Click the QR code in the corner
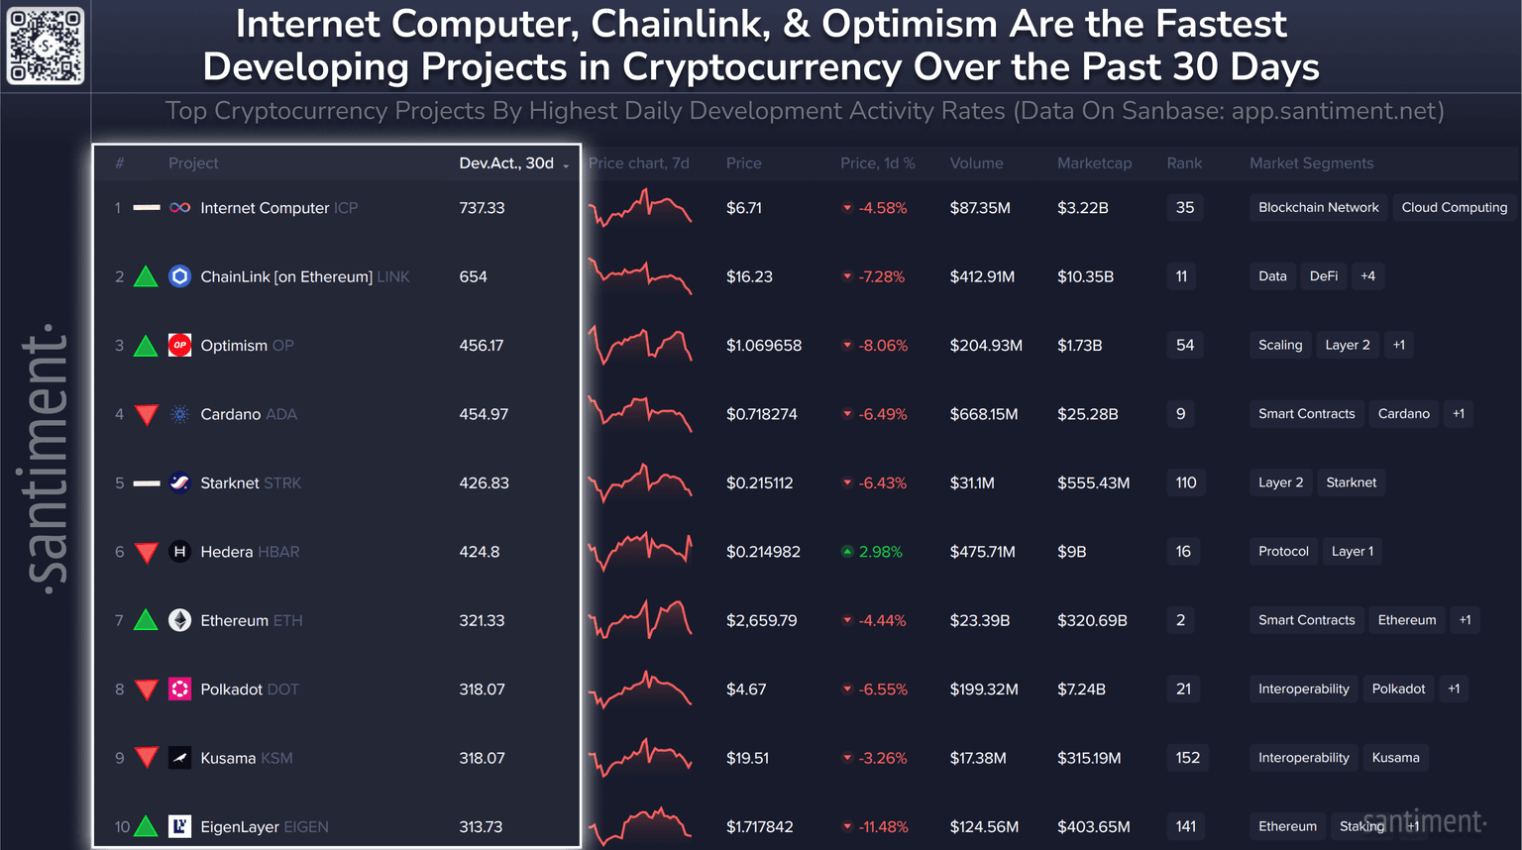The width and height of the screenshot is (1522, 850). pos(46,46)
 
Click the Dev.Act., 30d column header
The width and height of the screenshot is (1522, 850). pos(506,163)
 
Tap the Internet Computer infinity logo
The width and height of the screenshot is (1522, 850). pos(179,208)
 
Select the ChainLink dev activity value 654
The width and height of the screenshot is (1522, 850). pos(473,276)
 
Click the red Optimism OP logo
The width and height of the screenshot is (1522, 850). pos(179,345)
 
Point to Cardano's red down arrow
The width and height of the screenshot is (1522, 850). pos(147,414)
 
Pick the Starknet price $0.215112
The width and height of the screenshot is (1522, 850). pos(759,482)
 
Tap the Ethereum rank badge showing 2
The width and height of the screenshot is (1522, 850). pos(1180,620)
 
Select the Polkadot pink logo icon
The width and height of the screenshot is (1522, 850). pos(179,689)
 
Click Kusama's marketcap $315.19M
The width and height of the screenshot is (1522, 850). pos(1089,758)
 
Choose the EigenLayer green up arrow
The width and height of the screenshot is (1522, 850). pos(146,825)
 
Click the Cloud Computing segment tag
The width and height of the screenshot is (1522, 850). pos(1454,207)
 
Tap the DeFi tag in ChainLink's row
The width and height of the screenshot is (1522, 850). pos(1323,276)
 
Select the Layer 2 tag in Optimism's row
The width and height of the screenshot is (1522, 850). pos(1347,345)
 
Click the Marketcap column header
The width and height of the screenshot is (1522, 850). pos(1094,163)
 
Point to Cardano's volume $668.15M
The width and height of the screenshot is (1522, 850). pos(983,414)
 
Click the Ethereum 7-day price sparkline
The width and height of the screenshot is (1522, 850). pos(640,620)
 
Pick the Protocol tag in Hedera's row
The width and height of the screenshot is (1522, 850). pos(1283,551)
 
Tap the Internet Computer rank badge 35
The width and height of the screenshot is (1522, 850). pos(1184,207)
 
